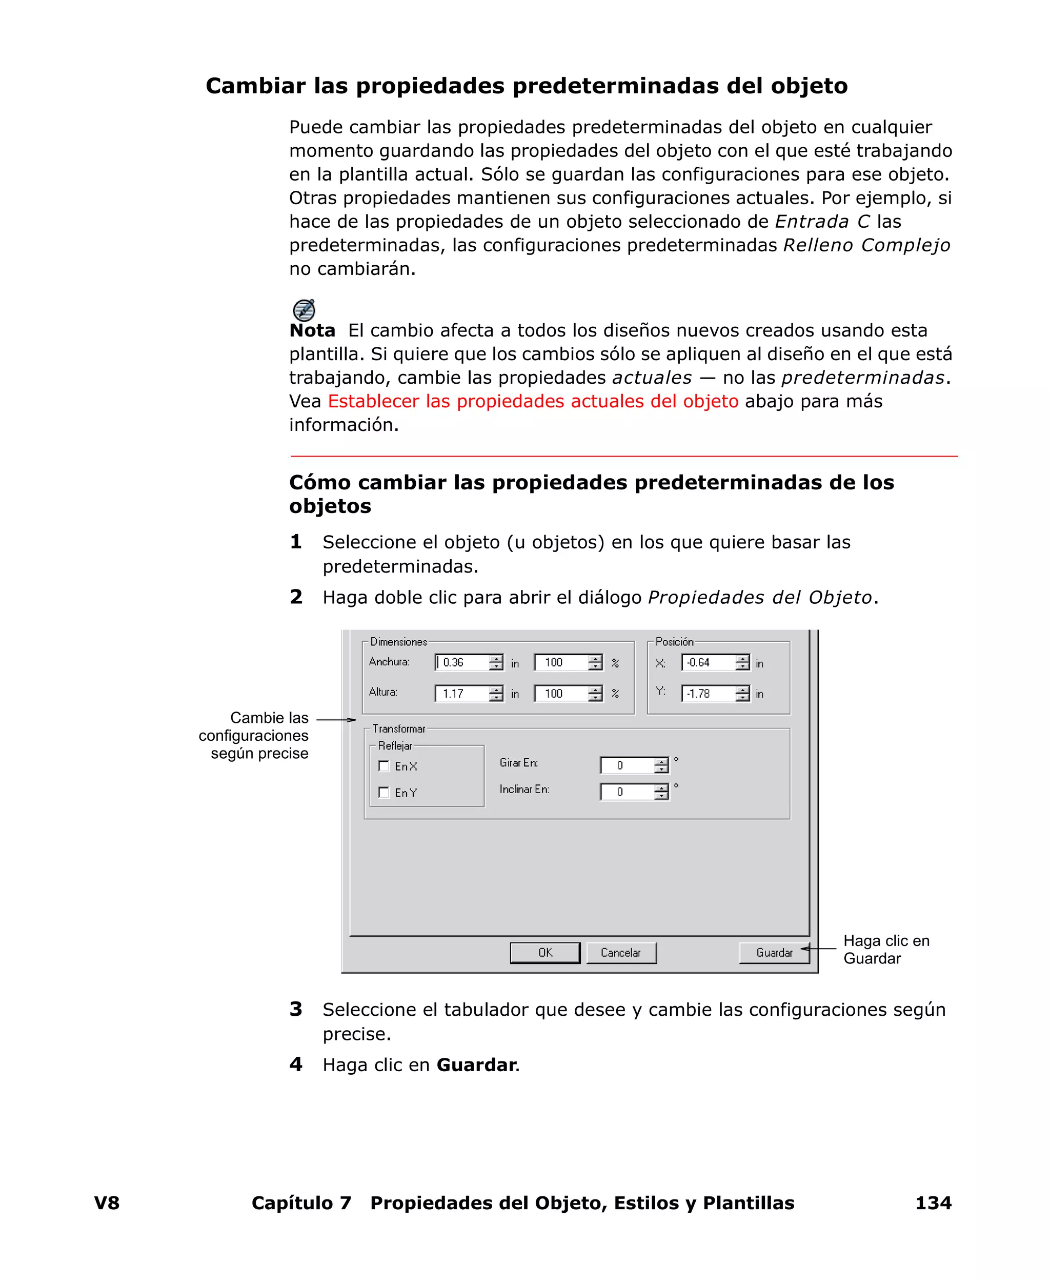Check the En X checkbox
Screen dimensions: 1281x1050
click(383, 765)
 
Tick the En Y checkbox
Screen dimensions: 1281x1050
click(383, 792)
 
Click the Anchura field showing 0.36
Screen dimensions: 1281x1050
click(462, 663)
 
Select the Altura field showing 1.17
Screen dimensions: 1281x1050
click(462, 694)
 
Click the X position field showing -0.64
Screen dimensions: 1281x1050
click(708, 663)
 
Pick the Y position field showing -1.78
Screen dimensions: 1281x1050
click(708, 694)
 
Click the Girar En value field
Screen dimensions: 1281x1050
click(627, 765)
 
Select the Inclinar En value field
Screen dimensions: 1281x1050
click(627, 792)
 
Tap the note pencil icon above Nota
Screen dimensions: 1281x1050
click(304, 310)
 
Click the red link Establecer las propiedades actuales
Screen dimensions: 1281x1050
click(532, 401)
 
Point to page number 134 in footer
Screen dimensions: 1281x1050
click(933, 1203)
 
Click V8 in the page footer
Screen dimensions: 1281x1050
click(107, 1203)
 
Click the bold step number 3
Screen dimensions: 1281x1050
click(296, 1009)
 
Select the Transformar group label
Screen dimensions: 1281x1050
click(398, 728)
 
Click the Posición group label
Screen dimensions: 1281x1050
click(674, 641)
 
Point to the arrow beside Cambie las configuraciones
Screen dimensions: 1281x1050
click(336, 719)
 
